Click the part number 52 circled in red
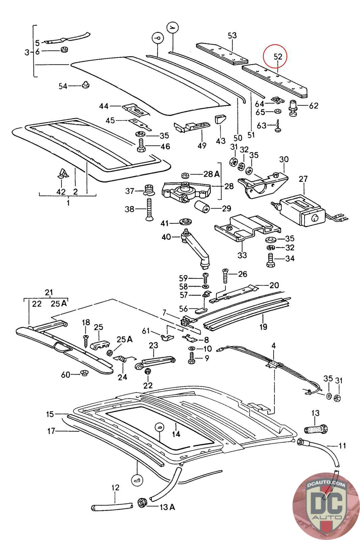[x=278, y=57]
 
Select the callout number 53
[x=232, y=35]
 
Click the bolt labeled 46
[x=141, y=146]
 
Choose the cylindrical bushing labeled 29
[x=202, y=206]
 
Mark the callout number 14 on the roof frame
[x=176, y=434]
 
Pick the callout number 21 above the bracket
[x=49, y=292]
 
